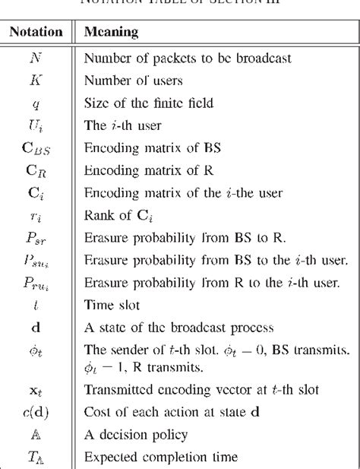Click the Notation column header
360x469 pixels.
coord(35,33)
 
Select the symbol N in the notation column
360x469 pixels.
coord(35,58)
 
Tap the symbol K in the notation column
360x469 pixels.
coord(35,78)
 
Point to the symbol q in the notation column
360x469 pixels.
coord(35,100)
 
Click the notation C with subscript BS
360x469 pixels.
coord(35,141)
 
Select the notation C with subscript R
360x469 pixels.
coord(35,161)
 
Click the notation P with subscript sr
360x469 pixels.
coord(35,223)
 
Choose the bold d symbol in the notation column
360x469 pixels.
coord(35,307)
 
